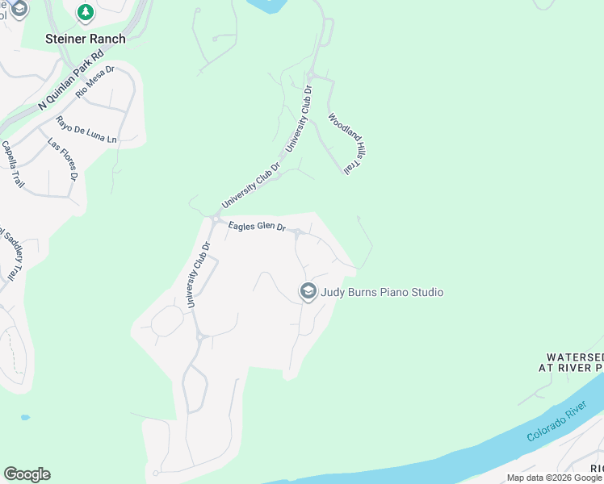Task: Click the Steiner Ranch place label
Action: (x=86, y=39)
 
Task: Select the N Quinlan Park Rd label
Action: (x=72, y=80)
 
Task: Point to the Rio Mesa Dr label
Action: (x=95, y=81)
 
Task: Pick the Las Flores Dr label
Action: (x=62, y=159)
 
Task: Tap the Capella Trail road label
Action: (x=13, y=165)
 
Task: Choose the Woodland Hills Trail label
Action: (x=342, y=143)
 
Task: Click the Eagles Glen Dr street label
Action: (x=257, y=227)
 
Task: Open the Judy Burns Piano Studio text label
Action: (x=382, y=292)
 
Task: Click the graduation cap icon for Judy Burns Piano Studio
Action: (x=308, y=292)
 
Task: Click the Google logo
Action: (x=27, y=474)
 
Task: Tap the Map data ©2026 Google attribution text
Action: (x=555, y=478)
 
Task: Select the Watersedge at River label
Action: (x=571, y=361)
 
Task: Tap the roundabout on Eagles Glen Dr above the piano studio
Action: (x=298, y=234)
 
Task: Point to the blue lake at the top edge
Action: (x=267, y=5)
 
